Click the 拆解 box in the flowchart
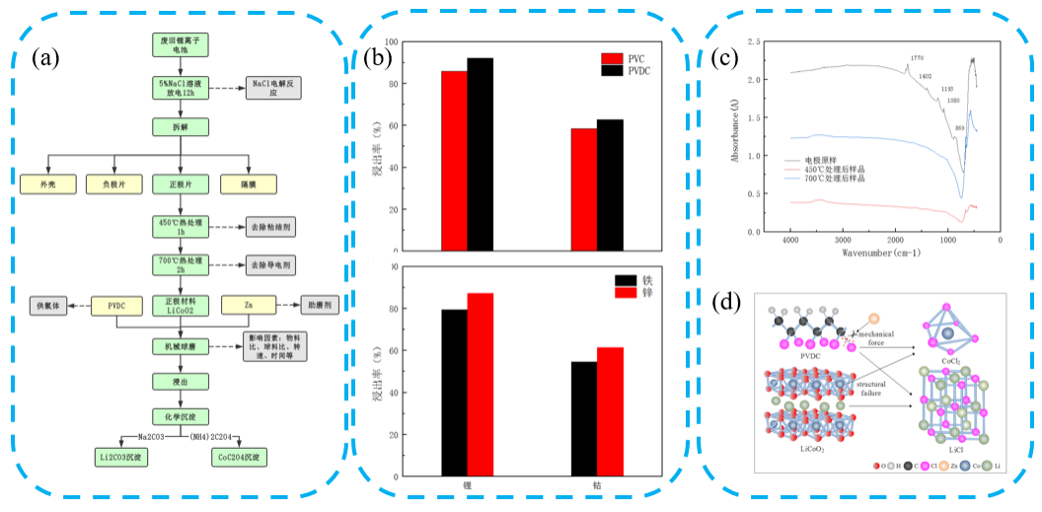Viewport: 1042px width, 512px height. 179,126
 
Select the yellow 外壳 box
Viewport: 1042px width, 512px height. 47,183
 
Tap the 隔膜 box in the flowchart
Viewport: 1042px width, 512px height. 248,183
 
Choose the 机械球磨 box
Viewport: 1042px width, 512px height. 179,346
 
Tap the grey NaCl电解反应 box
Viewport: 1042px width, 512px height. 274,87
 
